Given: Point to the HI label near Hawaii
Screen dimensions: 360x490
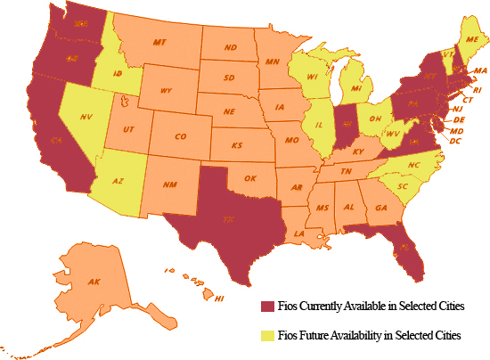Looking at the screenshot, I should [219, 299].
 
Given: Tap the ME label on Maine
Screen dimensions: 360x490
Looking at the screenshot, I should [471, 41].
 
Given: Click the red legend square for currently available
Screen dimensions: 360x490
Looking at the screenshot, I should [266, 306].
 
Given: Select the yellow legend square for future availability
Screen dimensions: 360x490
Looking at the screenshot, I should [266, 336].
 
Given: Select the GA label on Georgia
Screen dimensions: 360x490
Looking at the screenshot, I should [381, 207].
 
